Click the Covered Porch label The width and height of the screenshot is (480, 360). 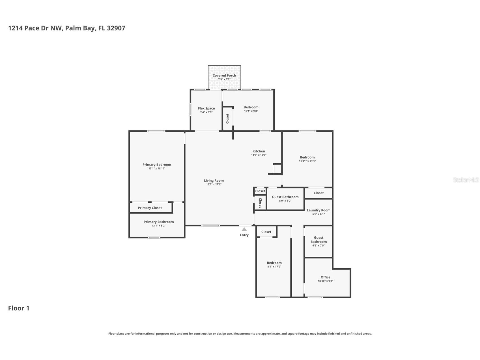coord(224,76)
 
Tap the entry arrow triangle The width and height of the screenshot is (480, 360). coord(244,230)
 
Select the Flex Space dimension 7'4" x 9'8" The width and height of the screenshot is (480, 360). coord(206,112)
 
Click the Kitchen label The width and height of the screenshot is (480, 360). coord(259,151)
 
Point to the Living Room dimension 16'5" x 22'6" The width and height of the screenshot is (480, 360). coord(214,185)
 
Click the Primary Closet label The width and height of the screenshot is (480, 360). coord(150,208)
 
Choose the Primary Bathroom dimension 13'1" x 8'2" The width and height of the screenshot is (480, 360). coord(158,226)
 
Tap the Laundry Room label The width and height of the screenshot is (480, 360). coord(318,210)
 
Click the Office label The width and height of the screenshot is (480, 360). coord(325,277)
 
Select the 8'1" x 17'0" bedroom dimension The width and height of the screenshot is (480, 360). coord(274,267)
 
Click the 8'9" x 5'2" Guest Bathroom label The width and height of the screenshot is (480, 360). coord(285,197)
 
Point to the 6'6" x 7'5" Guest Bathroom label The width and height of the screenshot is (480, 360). coord(318,240)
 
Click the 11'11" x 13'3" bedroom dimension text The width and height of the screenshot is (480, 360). coord(307,161)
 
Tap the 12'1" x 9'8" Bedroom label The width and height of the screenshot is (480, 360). coord(251,107)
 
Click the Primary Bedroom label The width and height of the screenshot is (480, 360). coord(157,165)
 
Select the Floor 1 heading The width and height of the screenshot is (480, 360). coord(19,308)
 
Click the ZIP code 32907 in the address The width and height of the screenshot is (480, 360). coord(116,28)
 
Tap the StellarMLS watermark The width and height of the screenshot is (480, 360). coord(466,180)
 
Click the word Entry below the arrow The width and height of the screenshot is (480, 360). coord(244,235)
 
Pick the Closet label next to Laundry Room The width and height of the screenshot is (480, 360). coord(318,193)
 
